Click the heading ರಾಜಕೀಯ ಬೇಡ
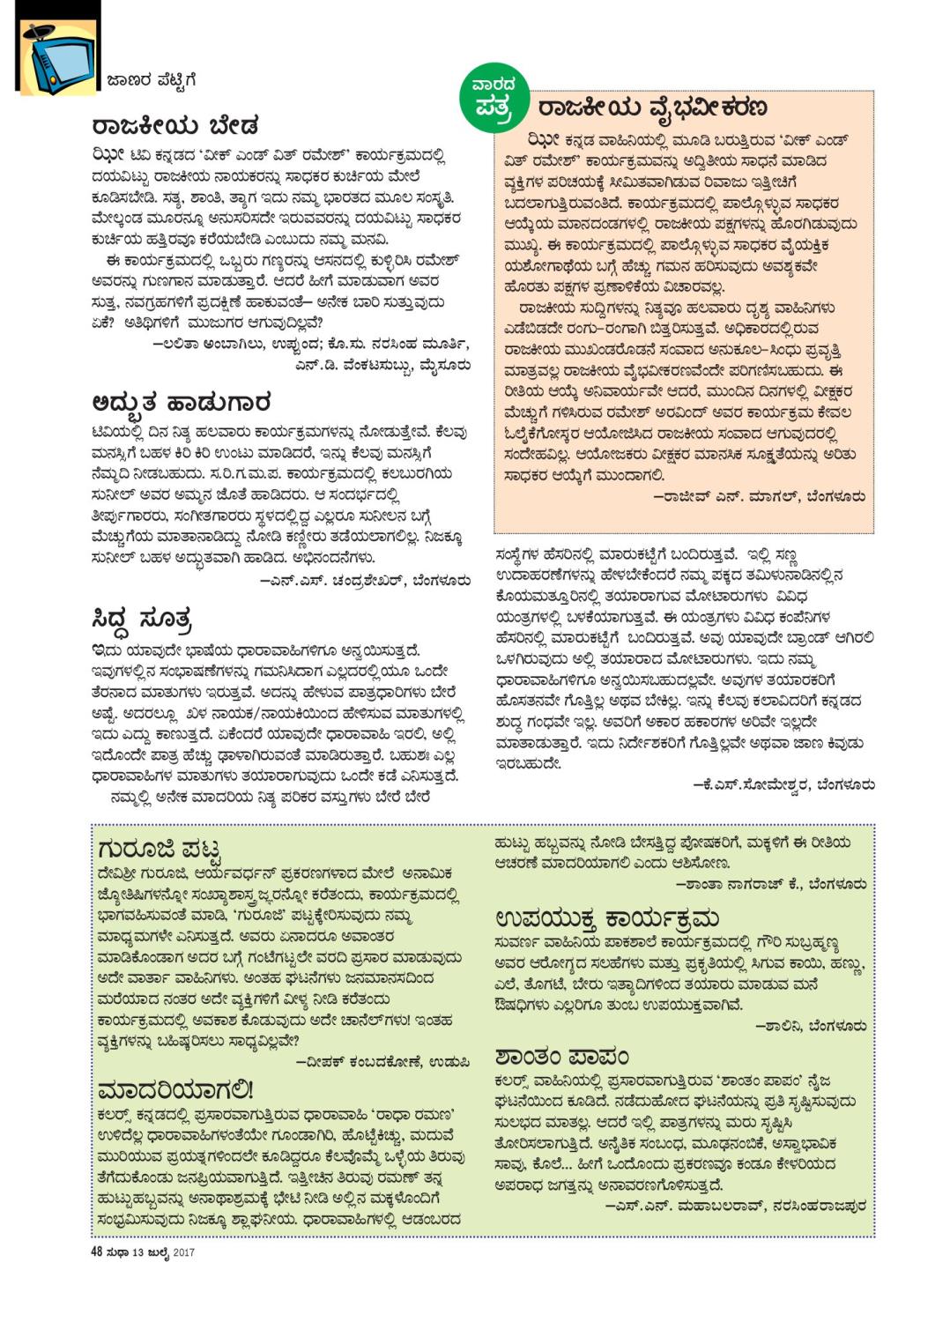click(174, 126)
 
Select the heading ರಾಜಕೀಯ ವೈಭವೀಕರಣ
click(652, 108)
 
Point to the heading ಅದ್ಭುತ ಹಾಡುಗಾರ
click(181, 404)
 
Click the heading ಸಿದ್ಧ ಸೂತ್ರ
click(142, 620)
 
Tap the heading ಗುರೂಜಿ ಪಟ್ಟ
click(159, 850)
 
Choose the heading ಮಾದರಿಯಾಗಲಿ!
click(176, 1089)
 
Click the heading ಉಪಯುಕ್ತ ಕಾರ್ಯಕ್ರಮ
click(607, 918)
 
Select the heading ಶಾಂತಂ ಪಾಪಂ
click(562, 1055)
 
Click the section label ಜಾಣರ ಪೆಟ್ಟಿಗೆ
click(151, 81)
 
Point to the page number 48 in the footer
click(97, 1252)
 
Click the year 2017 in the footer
click(183, 1252)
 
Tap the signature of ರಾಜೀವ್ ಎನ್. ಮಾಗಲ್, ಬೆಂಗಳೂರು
click(759, 497)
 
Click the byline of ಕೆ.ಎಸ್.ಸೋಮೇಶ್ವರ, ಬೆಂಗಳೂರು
click(783, 783)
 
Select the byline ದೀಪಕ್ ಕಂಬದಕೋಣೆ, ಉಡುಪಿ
click(382, 1062)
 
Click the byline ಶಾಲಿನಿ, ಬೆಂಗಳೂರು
click(811, 1026)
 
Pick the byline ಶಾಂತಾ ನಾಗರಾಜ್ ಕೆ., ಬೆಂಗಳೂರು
click(771, 884)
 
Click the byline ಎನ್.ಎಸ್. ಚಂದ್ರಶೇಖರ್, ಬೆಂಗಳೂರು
click(365, 580)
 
